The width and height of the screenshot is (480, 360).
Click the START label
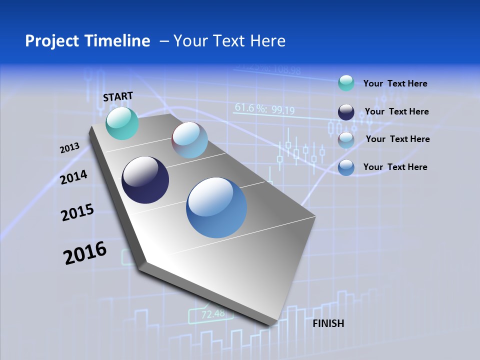[x=118, y=96]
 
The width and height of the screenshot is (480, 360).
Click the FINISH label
[x=328, y=323]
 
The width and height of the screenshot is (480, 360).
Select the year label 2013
[x=69, y=148]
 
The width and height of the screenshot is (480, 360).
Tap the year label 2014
[x=74, y=177]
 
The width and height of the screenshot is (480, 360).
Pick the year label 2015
[x=77, y=212]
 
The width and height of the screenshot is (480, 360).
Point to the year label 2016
[x=85, y=253]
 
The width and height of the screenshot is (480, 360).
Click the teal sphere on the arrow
[x=122, y=123]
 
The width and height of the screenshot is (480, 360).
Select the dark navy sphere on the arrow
[x=145, y=180]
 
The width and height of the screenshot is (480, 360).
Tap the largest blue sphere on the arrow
[x=216, y=207]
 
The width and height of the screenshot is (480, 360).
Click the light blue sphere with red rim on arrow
[x=189, y=140]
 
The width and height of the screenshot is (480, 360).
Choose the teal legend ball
[x=346, y=83]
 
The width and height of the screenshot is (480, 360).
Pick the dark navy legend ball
[x=346, y=112]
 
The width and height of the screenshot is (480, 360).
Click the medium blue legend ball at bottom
[x=346, y=167]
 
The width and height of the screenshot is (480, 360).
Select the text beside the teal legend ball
[x=395, y=83]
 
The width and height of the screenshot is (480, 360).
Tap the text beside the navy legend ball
[x=396, y=111]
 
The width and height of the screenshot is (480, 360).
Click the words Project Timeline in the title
[x=87, y=41]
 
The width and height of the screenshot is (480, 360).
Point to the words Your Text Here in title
[x=229, y=41]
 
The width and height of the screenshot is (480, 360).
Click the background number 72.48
[x=213, y=314]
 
